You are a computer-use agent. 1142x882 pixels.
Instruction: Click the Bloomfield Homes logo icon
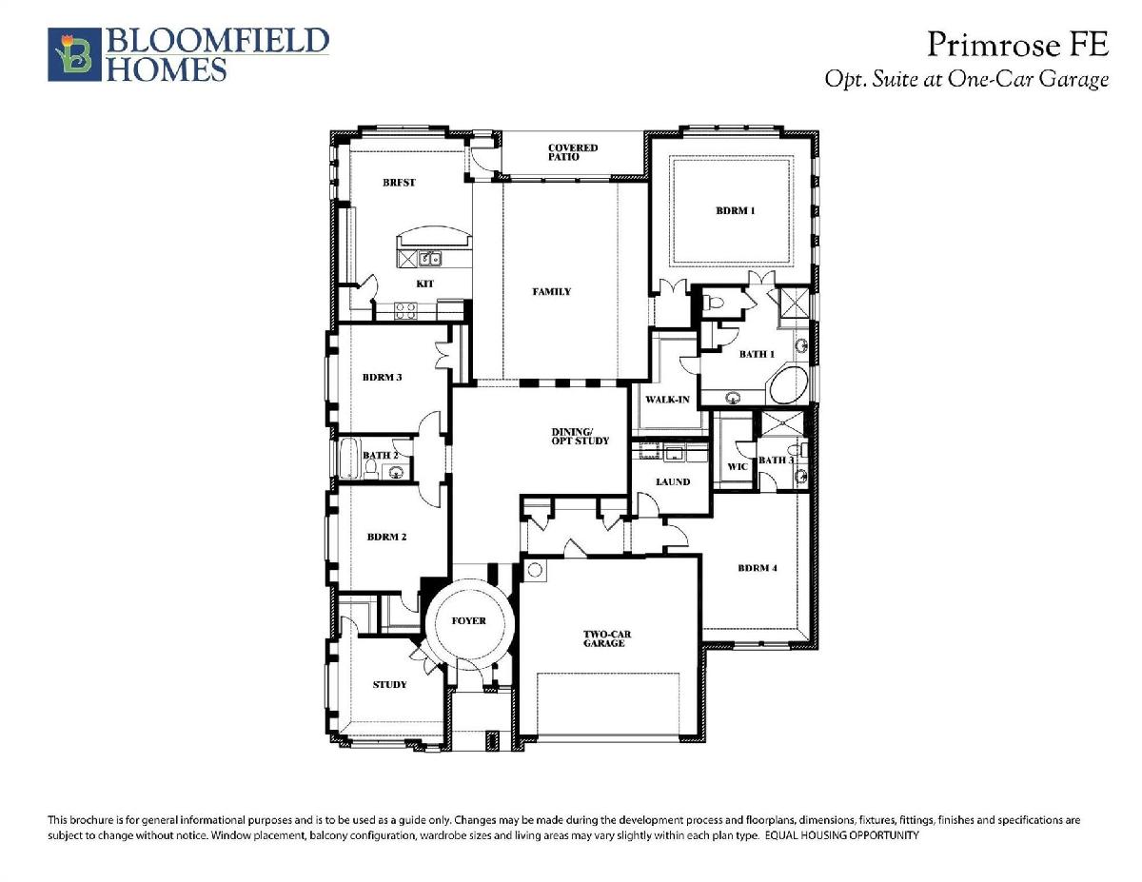click(x=74, y=54)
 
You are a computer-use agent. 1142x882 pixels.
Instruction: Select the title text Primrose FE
click(x=1017, y=45)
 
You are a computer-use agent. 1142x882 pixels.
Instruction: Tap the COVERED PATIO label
click(x=572, y=152)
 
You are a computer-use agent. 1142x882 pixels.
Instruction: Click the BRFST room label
click(x=399, y=183)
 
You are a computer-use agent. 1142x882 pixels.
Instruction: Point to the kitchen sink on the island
click(x=430, y=259)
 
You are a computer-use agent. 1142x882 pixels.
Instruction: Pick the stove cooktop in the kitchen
click(x=405, y=310)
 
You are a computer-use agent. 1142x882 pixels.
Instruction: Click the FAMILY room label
click(x=551, y=291)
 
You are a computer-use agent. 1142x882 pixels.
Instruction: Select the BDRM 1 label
click(x=736, y=210)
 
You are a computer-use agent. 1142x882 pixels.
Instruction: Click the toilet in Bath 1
click(x=713, y=303)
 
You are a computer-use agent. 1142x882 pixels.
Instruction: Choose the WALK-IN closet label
click(x=667, y=400)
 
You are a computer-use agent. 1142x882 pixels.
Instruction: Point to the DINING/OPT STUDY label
click(x=581, y=437)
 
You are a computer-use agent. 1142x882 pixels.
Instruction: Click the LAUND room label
click(x=673, y=481)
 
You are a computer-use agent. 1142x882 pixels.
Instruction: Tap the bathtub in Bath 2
click(x=348, y=458)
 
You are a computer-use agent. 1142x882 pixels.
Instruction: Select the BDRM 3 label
click(x=382, y=377)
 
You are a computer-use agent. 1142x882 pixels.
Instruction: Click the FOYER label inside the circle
click(x=469, y=621)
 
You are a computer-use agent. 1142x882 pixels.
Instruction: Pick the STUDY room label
click(x=389, y=684)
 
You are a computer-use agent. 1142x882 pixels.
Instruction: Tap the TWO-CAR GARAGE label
click(x=606, y=638)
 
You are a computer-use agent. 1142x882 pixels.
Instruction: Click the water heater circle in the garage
click(x=535, y=570)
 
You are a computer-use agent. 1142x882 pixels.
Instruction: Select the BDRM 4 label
click(x=758, y=568)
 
